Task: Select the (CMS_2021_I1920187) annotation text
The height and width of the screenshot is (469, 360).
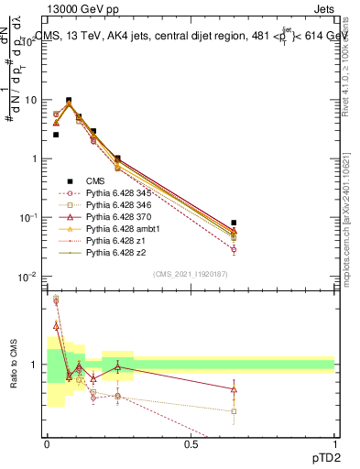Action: pyautogui.click(x=190, y=274)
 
